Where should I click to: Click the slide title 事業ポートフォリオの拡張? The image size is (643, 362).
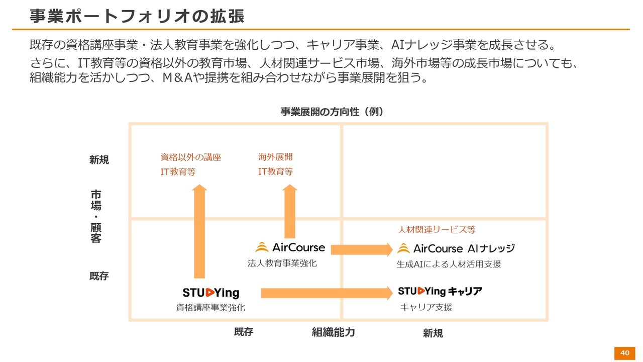coord(137,16)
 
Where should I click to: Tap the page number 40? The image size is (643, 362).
coord(625,353)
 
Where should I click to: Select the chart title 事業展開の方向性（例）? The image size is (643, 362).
coord(332,112)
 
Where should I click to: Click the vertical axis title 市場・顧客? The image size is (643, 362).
coord(96,216)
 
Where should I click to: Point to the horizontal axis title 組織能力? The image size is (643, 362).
coord(333,332)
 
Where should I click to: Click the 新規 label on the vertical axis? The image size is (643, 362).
coord(99,160)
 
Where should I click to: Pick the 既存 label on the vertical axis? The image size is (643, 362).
coord(99,276)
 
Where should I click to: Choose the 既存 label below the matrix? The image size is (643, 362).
coord(244,332)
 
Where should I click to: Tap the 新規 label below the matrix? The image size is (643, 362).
coord(433,333)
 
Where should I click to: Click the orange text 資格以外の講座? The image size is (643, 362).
coord(190,157)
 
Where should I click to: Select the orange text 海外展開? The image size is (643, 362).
coord(275,157)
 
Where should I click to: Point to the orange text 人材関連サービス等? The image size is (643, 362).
coord(437,230)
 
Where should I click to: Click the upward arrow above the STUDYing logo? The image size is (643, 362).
coord(199,231)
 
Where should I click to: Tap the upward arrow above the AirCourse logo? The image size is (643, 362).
coord(290,211)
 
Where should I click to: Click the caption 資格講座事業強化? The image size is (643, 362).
coord(210,307)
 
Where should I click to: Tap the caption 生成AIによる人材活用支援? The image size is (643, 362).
coord(449,264)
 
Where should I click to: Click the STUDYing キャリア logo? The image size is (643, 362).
coord(440,291)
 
